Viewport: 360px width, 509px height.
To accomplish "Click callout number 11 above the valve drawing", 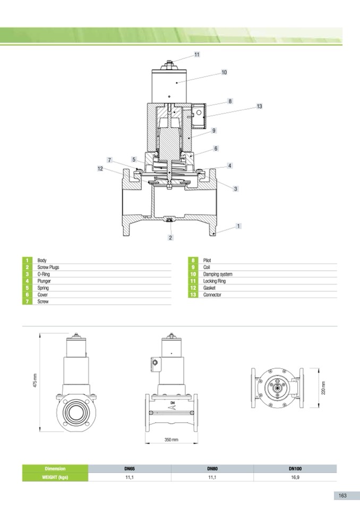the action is (197, 55).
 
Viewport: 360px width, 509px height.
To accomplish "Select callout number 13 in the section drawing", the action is (259, 106).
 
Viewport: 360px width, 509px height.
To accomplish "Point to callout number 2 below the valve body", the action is (170, 238).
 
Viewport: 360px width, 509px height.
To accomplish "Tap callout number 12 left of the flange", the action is (100, 168).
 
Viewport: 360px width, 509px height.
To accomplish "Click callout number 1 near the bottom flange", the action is (238, 226).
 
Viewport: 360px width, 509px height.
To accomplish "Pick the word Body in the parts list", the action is (42, 261).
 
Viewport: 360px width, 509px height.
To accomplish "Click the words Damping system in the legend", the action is (218, 274).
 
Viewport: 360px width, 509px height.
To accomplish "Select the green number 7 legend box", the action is (27, 301).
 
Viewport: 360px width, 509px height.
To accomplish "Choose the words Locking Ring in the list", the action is (214, 281).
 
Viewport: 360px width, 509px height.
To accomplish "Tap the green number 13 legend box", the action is (193, 295).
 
